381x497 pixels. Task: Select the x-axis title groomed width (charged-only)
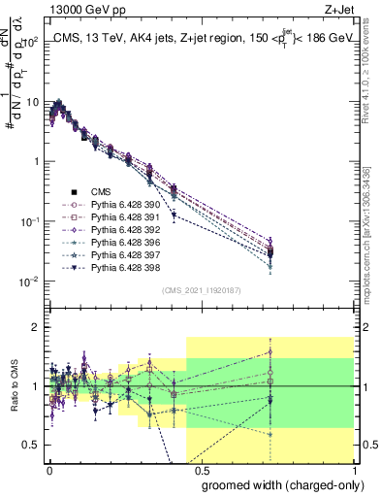(279, 484)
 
